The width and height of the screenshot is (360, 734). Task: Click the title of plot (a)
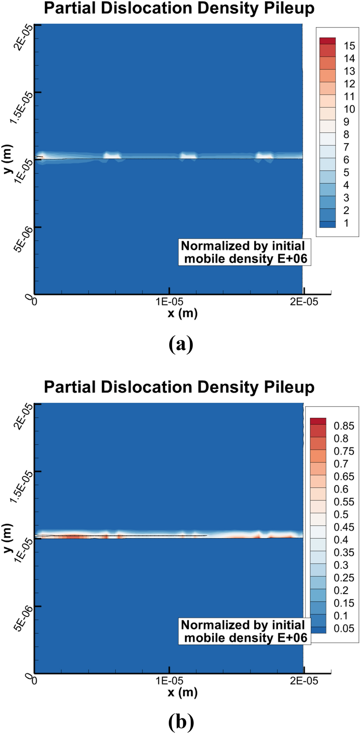point(179,8)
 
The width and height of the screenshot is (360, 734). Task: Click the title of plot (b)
point(179,387)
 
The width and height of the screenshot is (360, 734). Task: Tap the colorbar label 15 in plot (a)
point(349,46)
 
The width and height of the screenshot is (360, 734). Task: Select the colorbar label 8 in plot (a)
point(346,134)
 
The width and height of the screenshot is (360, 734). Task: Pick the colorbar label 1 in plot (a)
point(346,223)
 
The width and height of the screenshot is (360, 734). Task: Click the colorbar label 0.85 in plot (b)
point(344,426)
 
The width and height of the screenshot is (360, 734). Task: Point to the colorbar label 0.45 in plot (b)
point(344,527)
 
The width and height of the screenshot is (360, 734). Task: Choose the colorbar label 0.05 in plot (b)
point(344,628)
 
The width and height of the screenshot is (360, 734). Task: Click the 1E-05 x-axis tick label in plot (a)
point(169,302)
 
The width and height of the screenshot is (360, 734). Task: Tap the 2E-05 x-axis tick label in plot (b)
point(304,681)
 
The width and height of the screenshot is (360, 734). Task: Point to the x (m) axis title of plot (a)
point(182,313)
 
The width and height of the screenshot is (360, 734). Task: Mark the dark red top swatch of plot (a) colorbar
point(327,41)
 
